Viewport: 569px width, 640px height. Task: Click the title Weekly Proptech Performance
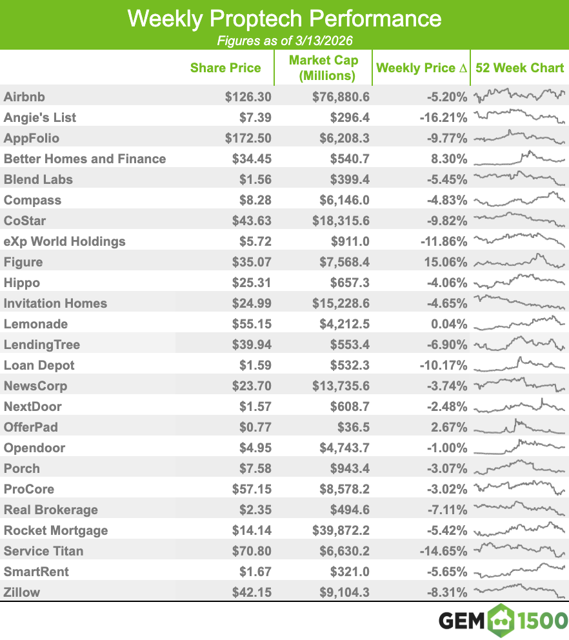coord(284,18)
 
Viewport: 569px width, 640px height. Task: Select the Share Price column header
coord(225,68)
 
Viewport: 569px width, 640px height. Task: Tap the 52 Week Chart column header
coord(519,68)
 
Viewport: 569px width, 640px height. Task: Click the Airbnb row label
coord(24,97)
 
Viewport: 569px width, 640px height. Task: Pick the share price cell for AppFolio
coord(248,138)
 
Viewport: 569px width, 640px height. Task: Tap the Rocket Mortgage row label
coord(55,530)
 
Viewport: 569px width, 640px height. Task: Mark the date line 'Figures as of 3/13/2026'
coord(284,41)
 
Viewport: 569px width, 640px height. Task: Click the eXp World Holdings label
coord(65,241)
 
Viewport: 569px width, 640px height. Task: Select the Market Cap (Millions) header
coord(323,68)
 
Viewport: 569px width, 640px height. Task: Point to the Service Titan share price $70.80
coord(252,551)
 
